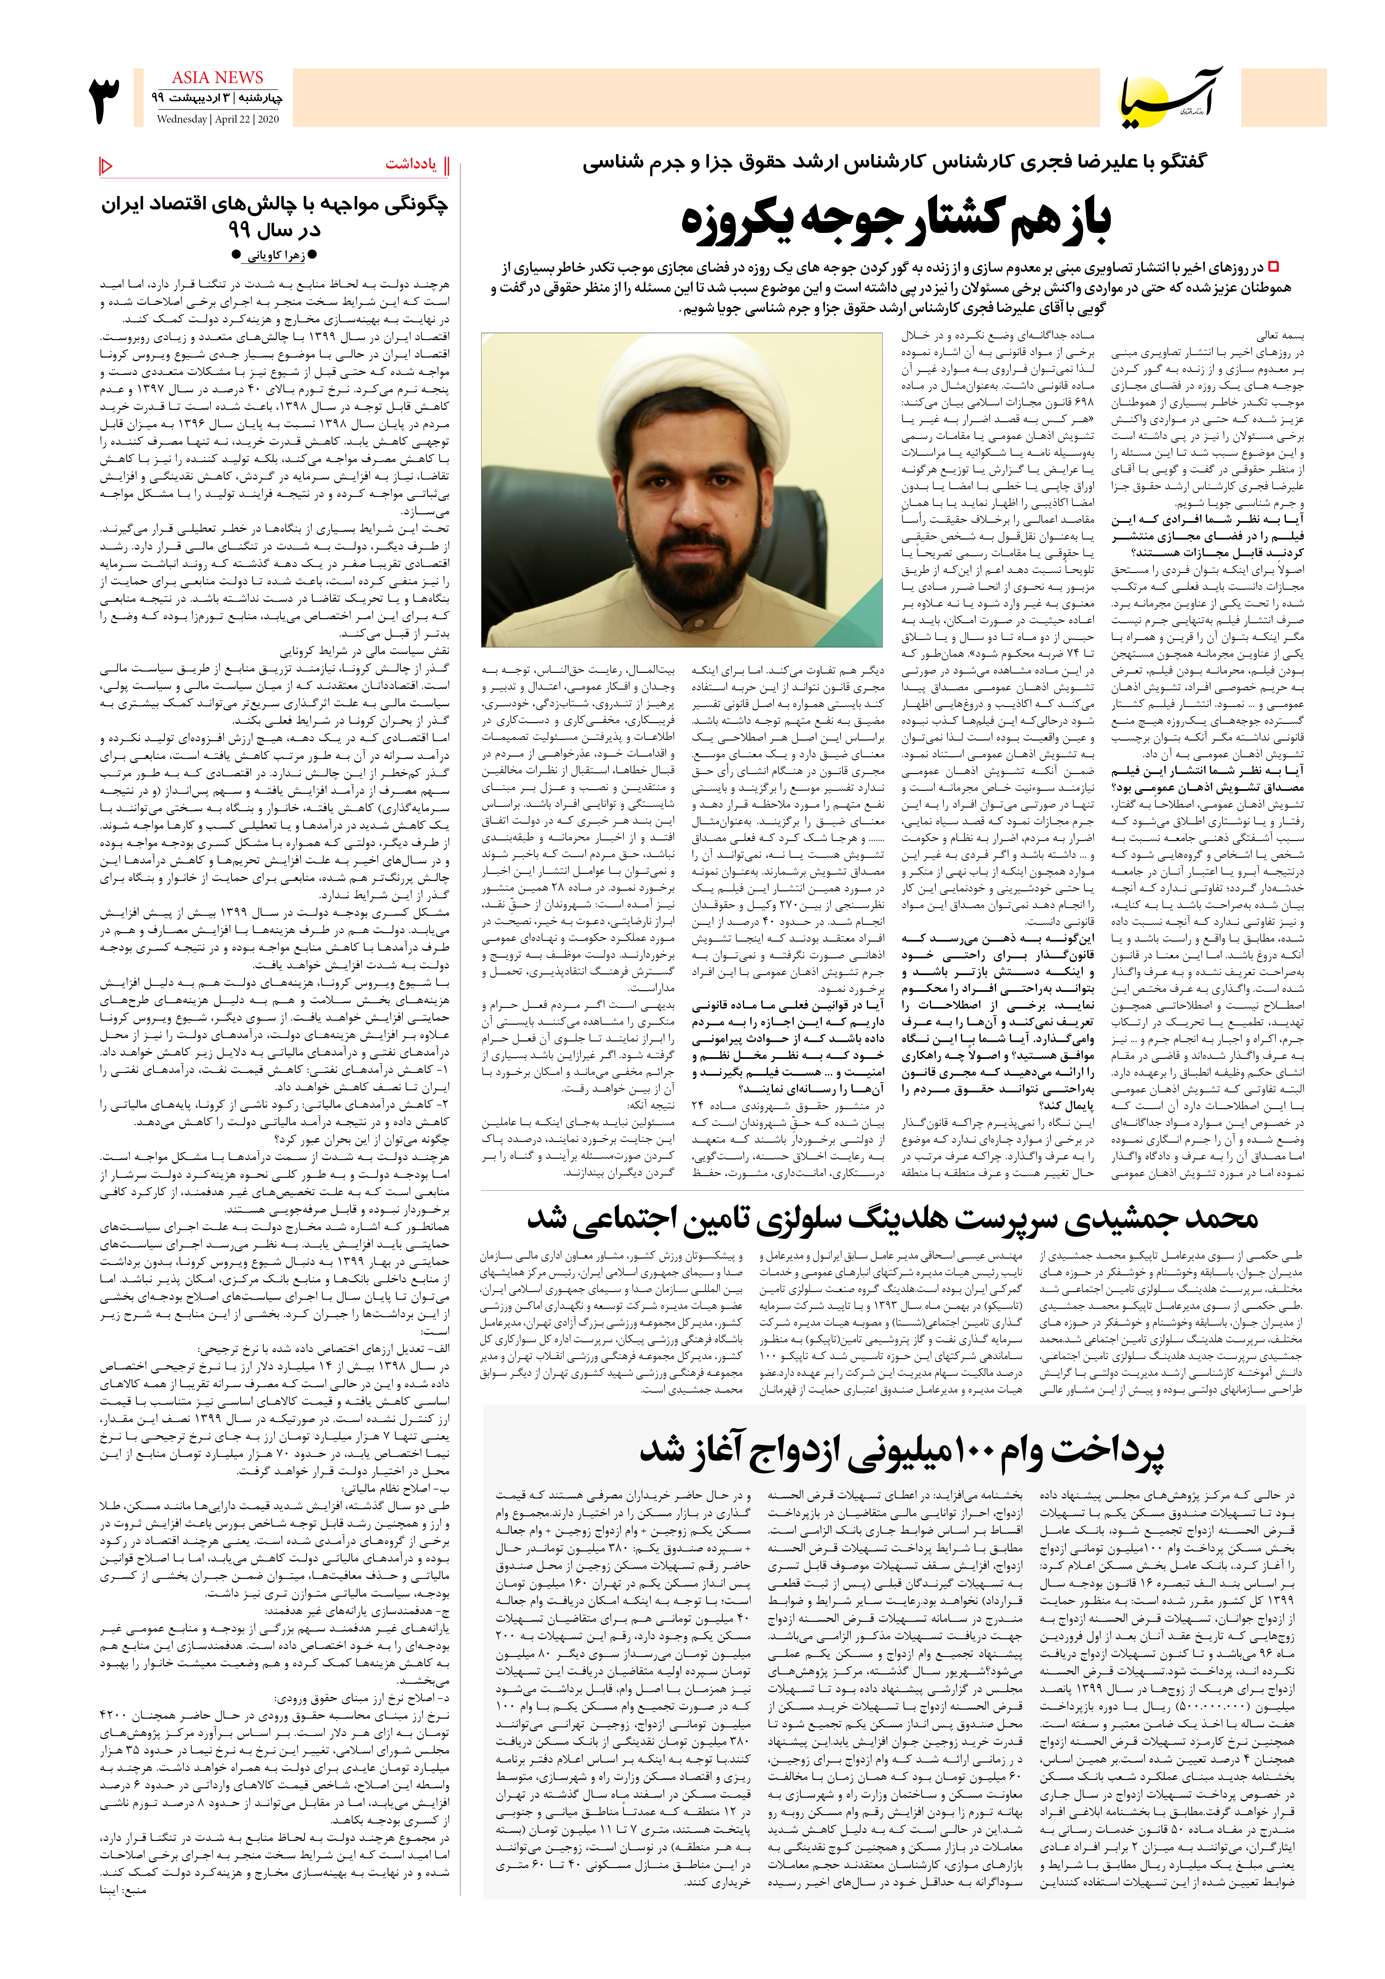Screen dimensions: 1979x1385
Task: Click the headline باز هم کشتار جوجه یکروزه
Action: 896,220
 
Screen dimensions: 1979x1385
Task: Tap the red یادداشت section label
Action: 411,164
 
